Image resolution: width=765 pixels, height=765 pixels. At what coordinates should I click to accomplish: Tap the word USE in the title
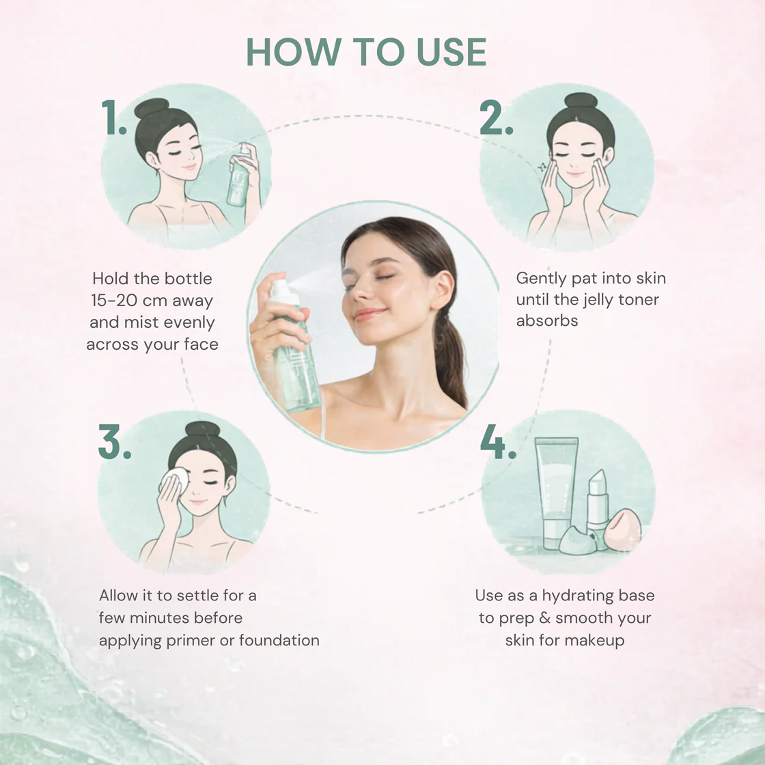(451, 52)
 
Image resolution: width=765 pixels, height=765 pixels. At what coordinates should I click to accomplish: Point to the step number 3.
(115, 441)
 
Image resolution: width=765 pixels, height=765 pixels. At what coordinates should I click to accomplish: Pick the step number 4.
(498, 441)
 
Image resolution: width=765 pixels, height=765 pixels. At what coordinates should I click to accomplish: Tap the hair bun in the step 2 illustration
(581, 100)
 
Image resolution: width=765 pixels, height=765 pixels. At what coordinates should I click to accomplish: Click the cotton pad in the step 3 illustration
(176, 480)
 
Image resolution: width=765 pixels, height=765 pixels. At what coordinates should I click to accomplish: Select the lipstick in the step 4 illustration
(598, 507)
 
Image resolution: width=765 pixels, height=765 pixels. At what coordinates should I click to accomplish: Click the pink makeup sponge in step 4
(622, 530)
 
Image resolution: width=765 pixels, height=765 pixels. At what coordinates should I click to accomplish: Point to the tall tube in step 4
(556, 492)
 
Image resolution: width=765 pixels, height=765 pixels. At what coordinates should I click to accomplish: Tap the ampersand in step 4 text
(544, 617)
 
